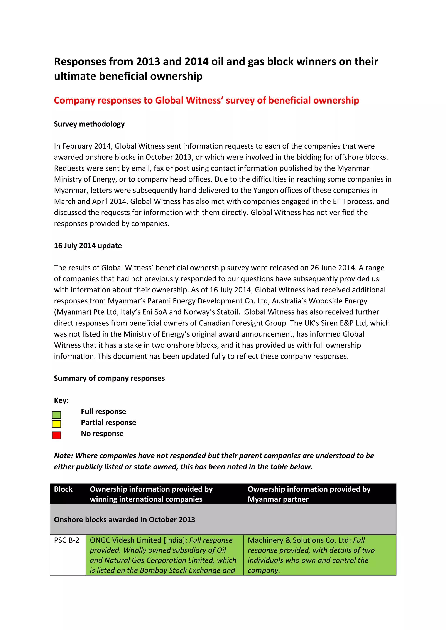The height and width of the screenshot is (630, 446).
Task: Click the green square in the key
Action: [56, 415]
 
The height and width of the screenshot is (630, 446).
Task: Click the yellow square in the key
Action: [56, 424]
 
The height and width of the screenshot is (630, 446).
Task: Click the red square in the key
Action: [56, 435]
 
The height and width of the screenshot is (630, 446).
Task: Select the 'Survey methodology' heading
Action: [89, 124]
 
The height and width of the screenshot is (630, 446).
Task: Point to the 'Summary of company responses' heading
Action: [109, 378]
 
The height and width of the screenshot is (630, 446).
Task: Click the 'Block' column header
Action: [63, 489]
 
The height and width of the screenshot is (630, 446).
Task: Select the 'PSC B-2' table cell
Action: [67, 540]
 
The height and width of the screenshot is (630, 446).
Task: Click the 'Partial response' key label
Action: [108, 422]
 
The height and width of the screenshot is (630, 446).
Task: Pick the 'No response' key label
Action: [102, 434]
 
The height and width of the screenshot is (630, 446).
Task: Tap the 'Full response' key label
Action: [103, 411]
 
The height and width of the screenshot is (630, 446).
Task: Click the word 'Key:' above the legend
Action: [61, 400]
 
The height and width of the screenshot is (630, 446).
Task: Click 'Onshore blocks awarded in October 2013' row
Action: [124, 519]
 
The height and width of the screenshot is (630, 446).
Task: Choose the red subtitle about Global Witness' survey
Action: [206, 101]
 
